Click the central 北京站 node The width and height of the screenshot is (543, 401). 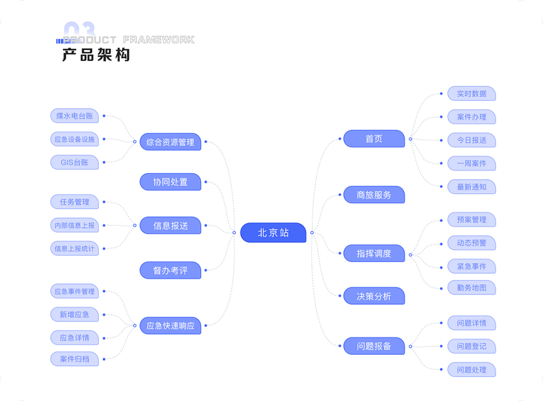tap(273, 233)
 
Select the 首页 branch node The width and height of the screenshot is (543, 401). tap(374, 139)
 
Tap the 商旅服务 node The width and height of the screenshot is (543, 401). tap(374, 195)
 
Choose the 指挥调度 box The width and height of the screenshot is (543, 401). tap(374, 253)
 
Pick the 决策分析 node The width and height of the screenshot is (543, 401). tap(374, 296)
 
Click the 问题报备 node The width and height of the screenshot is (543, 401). tap(374, 346)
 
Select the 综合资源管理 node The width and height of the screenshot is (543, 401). tap(170, 142)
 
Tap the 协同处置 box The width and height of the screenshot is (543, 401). tap(170, 182)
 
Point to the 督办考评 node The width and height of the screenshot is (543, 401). tap(170, 270)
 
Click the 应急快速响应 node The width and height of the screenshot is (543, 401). tap(170, 326)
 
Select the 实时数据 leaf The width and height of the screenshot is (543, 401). tap(472, 94)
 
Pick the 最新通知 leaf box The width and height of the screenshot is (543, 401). tap(472, 186)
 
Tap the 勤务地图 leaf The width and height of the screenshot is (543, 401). tap(472, 288)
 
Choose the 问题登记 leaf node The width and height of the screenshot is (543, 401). tap(472, 346)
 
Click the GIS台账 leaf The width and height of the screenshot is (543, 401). tap(74, 162)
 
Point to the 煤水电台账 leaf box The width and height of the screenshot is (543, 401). tap(74, 116)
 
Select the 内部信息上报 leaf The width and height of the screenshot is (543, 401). tap(74, 225)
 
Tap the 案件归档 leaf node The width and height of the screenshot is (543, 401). tap(74, 359)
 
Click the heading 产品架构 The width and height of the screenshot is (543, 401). tap(96, 55)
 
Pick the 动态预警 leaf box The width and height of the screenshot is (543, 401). tap(472, 243)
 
